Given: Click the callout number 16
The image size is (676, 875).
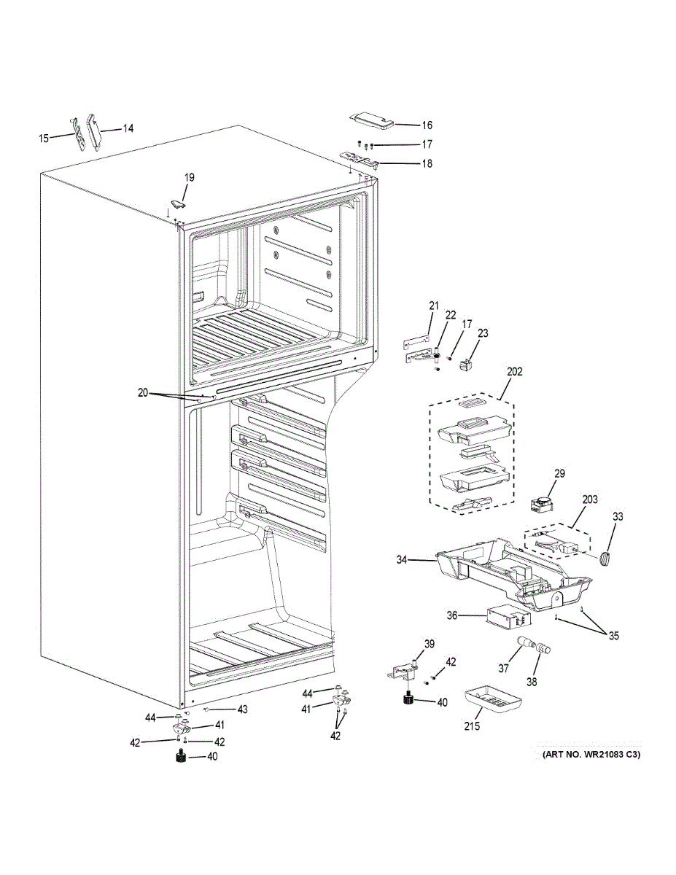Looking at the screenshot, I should pyautogui.click(x=427, y=125).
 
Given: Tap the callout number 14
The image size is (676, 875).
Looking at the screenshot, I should pyautogui.click(x=128, y=129).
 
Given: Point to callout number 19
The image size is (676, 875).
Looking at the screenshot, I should pyautogui.click(x=189, y=177).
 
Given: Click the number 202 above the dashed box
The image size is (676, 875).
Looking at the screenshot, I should pyautogui.click(x=514, y=371).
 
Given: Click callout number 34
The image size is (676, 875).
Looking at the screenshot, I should pyautogui.click(x=402, y=560).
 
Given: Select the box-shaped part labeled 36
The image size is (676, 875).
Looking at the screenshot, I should pyautogui.click(x=506, y=618).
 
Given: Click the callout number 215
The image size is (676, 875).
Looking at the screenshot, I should pyautogui.click(x=474, y=727).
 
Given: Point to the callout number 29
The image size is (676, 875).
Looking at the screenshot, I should pyautogui.click(x=559, y=474).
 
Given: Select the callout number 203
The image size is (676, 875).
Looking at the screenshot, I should pyautogui.click(x=589, y=499).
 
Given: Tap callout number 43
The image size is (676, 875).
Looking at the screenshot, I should pyautogui.click(x=242, y=709).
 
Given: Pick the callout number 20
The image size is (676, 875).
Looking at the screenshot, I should pyautogui.click(x=142, y=392).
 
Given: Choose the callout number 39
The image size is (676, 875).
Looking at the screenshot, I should pyautogui.click(x=430, y=643).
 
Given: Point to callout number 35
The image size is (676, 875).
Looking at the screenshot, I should pyautogui.click(x=613, y=636).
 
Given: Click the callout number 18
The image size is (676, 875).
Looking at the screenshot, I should pyautogui.click(x=427, y=164).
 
